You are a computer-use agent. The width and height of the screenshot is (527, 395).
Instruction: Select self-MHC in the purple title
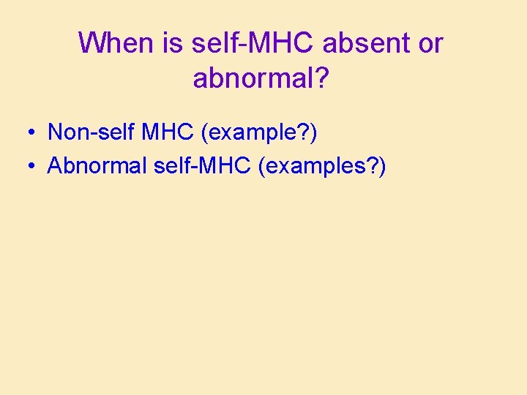(x=253, y=44)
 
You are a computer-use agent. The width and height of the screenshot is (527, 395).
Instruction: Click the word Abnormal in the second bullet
(x=97, y=166)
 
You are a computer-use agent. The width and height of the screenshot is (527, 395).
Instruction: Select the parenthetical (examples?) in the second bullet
(x=324, y=167)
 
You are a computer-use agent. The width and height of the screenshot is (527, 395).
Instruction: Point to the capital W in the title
(x=90, y=44)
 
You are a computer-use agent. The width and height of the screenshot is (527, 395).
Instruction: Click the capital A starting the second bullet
(x=55, y=166)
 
